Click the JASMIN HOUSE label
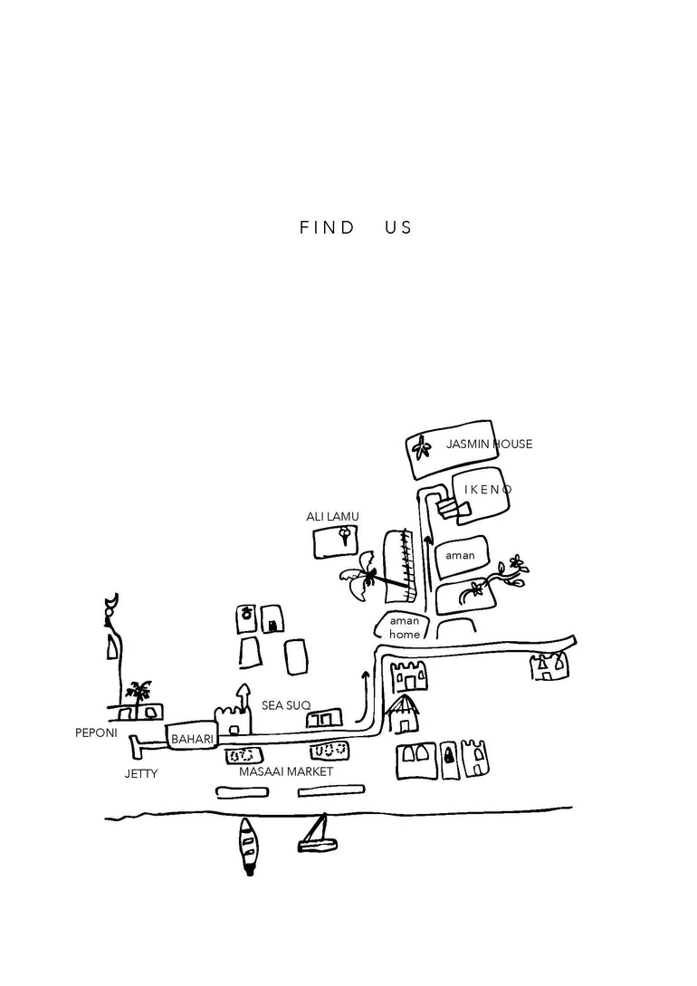click(x=489, y=444)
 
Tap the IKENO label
click(x=489, y=490)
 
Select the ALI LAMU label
click(x=332, y=516)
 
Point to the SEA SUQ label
click(x=286, y=704)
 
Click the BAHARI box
click(x=192, y=739)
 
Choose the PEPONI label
click(x=96, y=733)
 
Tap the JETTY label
click(x=140, y=774)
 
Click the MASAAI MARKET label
click(x=286, y=771)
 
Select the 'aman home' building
click(x=405, y=627)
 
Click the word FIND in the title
click(x=327, y=228)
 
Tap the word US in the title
click(x=397, y=228)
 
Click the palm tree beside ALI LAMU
click(x=362, y=576)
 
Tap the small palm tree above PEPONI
click(x=139, y=692)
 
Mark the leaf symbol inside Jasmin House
click(x=420, y=447)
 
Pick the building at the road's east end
click(x=549, y=666)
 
